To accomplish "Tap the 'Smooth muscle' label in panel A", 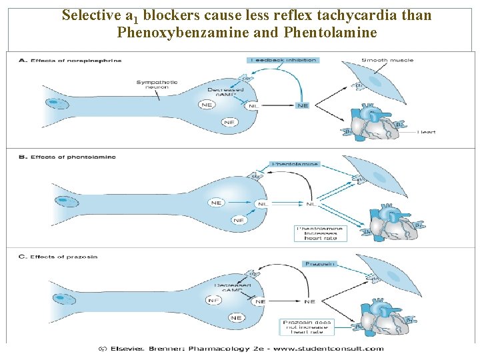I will [387, 60].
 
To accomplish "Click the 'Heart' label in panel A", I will [426, 132].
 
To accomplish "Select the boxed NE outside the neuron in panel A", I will [303, 105].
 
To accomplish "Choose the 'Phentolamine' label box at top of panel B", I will [295, 163].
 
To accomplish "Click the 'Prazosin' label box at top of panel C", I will [321, 264].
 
